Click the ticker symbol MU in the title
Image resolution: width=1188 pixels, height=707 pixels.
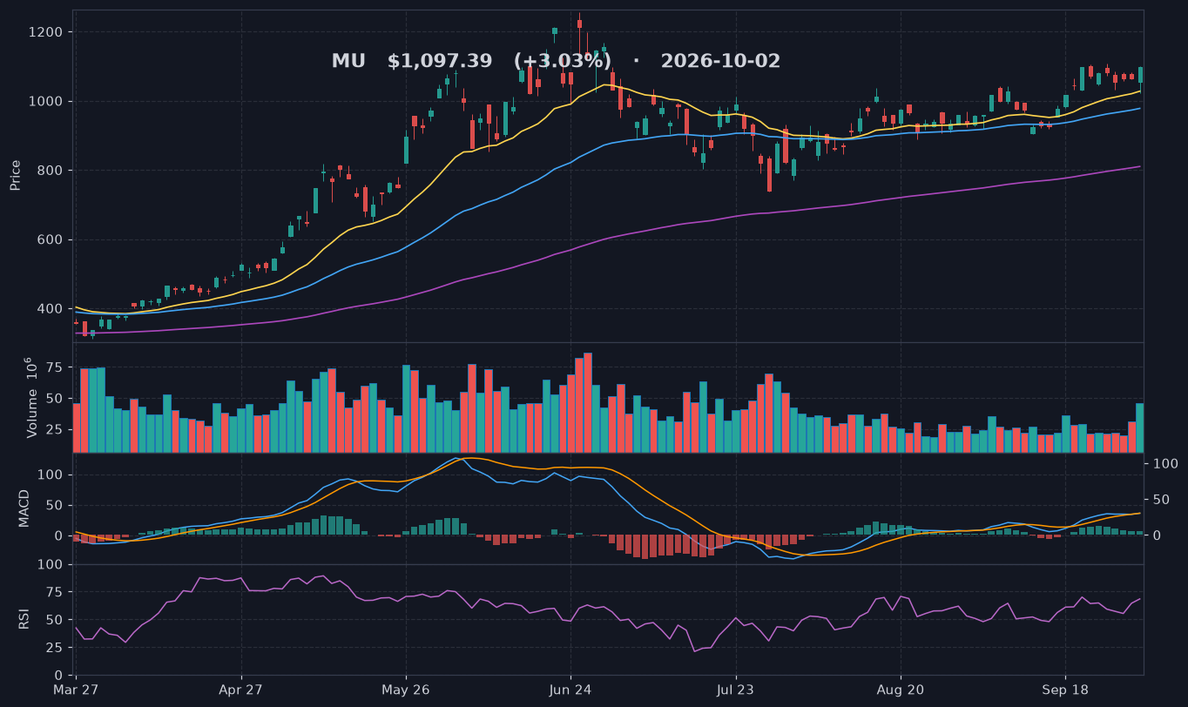pos(348,61)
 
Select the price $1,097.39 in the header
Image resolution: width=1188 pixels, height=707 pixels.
pos(440,61)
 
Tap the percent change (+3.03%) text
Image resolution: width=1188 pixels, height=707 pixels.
pos(562,61)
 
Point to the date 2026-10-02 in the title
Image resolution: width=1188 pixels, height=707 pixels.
pos(720,61)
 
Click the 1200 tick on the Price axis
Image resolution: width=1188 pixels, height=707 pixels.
pos(45,32)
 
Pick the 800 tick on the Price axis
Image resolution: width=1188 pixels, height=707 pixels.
pos(50,171)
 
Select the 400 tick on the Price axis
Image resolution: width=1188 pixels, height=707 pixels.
pos(50,309)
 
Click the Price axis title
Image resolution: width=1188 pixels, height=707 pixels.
pos(15,175)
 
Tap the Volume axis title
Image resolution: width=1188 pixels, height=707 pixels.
pos(31,398)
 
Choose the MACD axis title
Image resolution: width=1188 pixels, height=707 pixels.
pos(24,508)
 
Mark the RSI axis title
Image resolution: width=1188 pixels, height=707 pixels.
pos(24,619)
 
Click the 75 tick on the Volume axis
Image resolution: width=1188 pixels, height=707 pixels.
pos(55,367)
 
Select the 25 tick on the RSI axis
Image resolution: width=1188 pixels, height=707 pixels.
pos(55,648)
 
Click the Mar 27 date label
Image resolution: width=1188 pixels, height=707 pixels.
pos(76,690)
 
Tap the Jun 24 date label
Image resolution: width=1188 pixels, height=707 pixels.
pos(570,690)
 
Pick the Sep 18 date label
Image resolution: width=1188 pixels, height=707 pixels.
pos(1065,690)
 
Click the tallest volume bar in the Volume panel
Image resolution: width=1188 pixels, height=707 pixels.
pos(588,402)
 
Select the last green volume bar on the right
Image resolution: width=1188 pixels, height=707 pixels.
pos(1140,428)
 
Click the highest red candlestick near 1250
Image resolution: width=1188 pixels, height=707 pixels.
pos(580,24)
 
